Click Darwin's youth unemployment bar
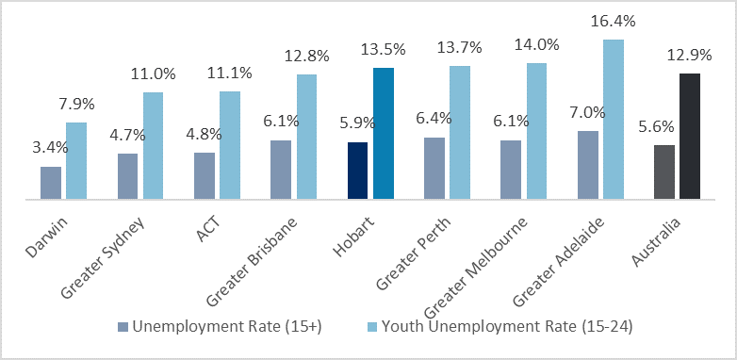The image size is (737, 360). tap(76, 161)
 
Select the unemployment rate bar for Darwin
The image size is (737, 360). tap(51, 183)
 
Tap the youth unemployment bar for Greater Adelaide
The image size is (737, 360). tap(614, 120)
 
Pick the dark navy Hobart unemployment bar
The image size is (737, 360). tap(358, 171)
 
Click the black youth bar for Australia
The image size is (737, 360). tap(690, 137)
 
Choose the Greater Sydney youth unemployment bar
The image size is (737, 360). tap(153, 146)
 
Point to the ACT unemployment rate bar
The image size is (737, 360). tap(205, 176)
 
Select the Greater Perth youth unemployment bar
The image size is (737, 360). tap(460, 133)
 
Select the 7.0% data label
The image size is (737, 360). tap(588, 112)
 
